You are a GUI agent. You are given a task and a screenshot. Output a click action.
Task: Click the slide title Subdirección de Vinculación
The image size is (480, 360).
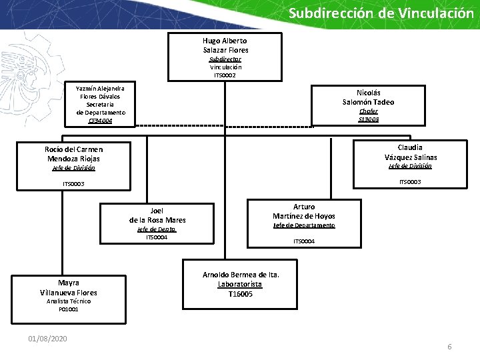[381, 13]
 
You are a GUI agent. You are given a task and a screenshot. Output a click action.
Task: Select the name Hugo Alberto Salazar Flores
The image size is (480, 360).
[225, 45]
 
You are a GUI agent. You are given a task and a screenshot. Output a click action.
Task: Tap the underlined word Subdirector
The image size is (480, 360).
[225, 59]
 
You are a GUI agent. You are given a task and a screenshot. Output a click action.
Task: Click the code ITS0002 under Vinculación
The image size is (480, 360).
[225, 75]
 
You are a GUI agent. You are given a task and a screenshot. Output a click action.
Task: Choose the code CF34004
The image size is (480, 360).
[100, 121]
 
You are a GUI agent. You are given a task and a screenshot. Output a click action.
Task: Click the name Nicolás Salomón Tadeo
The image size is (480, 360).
[368, 97]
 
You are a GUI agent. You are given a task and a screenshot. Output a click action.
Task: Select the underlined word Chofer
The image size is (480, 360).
[368, 111]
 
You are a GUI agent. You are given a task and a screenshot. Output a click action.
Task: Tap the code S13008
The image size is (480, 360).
[368, 119]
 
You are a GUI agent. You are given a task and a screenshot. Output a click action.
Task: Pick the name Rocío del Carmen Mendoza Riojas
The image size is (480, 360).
[73, 154]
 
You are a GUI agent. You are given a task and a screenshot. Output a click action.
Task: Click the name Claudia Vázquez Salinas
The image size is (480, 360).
[410, 152]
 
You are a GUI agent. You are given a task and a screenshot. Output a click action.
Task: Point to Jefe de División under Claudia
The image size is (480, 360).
[410, 166]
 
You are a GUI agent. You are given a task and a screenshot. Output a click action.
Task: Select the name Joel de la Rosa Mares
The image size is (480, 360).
[157, 215]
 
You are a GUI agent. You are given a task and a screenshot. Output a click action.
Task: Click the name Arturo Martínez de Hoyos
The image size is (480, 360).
[304, 211]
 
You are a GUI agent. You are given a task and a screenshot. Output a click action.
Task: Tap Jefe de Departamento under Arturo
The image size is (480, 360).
[304, 225]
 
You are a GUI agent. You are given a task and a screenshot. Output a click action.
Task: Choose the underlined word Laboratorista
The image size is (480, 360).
[240, 285]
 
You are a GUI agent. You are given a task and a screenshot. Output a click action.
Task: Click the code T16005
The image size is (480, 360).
[240, 294]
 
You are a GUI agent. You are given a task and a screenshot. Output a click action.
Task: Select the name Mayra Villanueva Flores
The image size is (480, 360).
[68, 287]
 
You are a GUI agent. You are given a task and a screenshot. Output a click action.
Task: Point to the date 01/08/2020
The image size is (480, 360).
[47, 339]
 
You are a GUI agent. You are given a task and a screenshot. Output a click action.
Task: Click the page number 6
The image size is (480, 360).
[449, 347]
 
